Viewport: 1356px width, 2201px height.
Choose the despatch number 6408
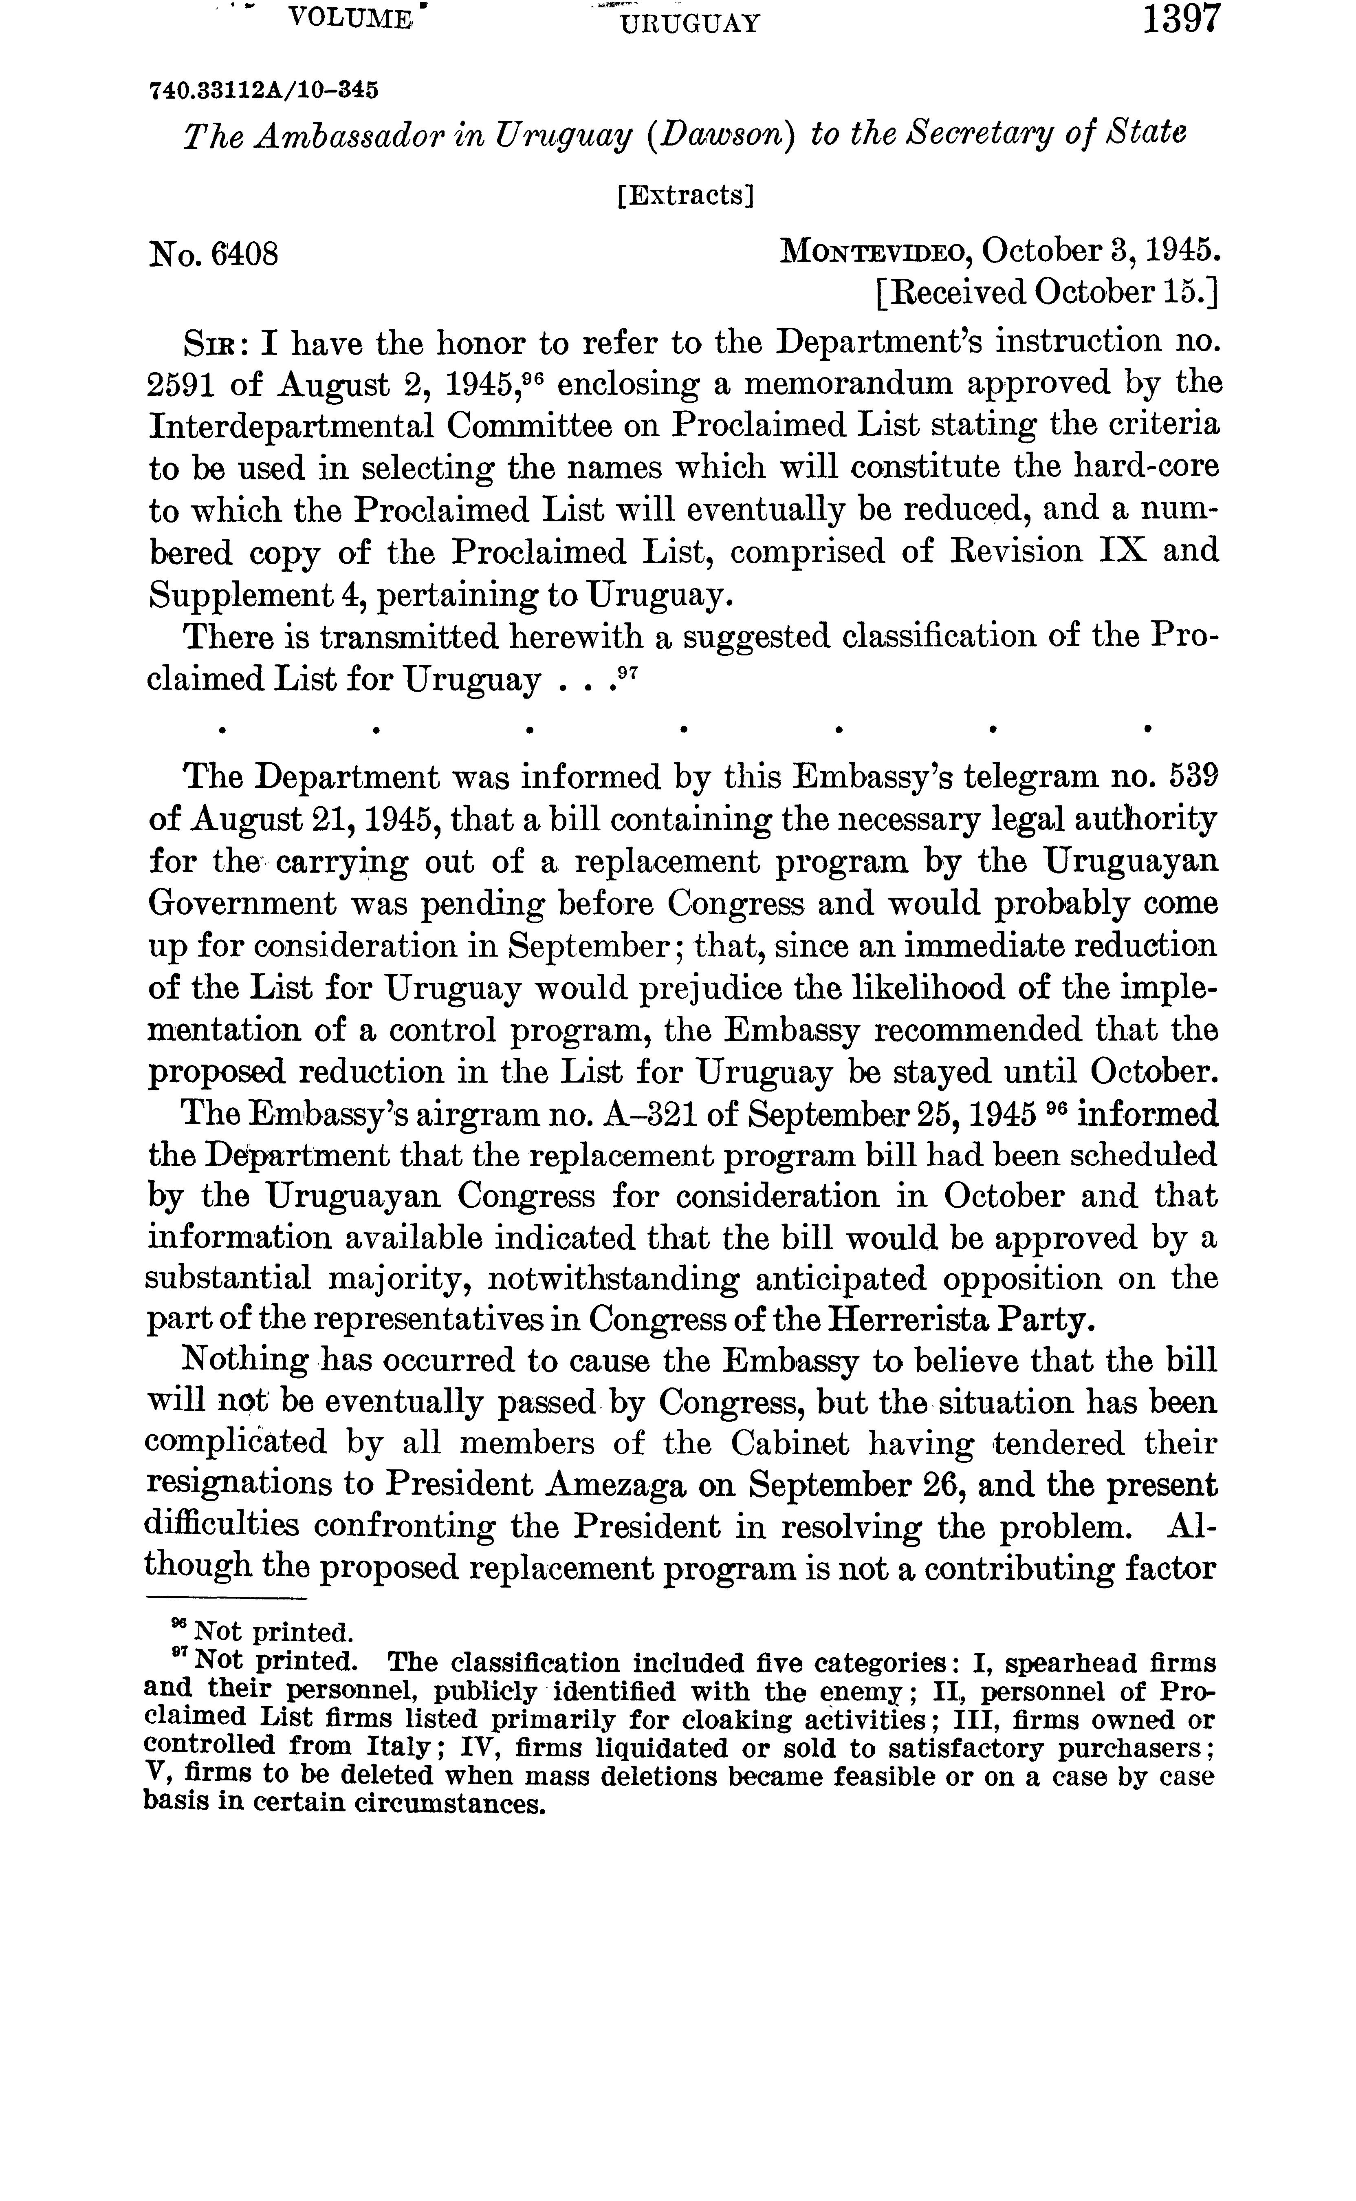[x=244, y=255]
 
